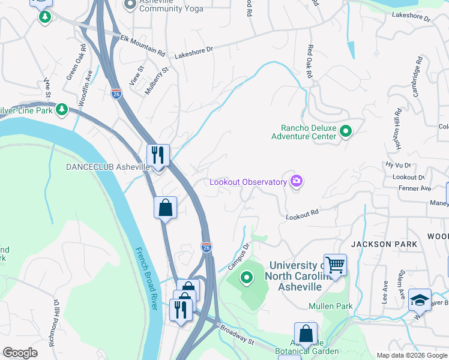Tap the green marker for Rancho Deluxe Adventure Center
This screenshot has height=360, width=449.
point(346,131)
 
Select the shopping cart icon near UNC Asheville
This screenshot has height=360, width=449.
point(335,264)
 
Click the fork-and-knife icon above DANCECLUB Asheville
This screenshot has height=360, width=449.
point(158,155)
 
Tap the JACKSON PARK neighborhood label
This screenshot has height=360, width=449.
point(381,244)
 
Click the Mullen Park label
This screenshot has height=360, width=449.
point(330,306)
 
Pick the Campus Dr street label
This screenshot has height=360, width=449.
point(238,256)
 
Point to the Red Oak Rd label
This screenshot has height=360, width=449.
point(310,62)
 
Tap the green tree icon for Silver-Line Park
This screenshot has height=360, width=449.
point(61,110)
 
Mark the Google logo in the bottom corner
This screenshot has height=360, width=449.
point(20,353)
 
